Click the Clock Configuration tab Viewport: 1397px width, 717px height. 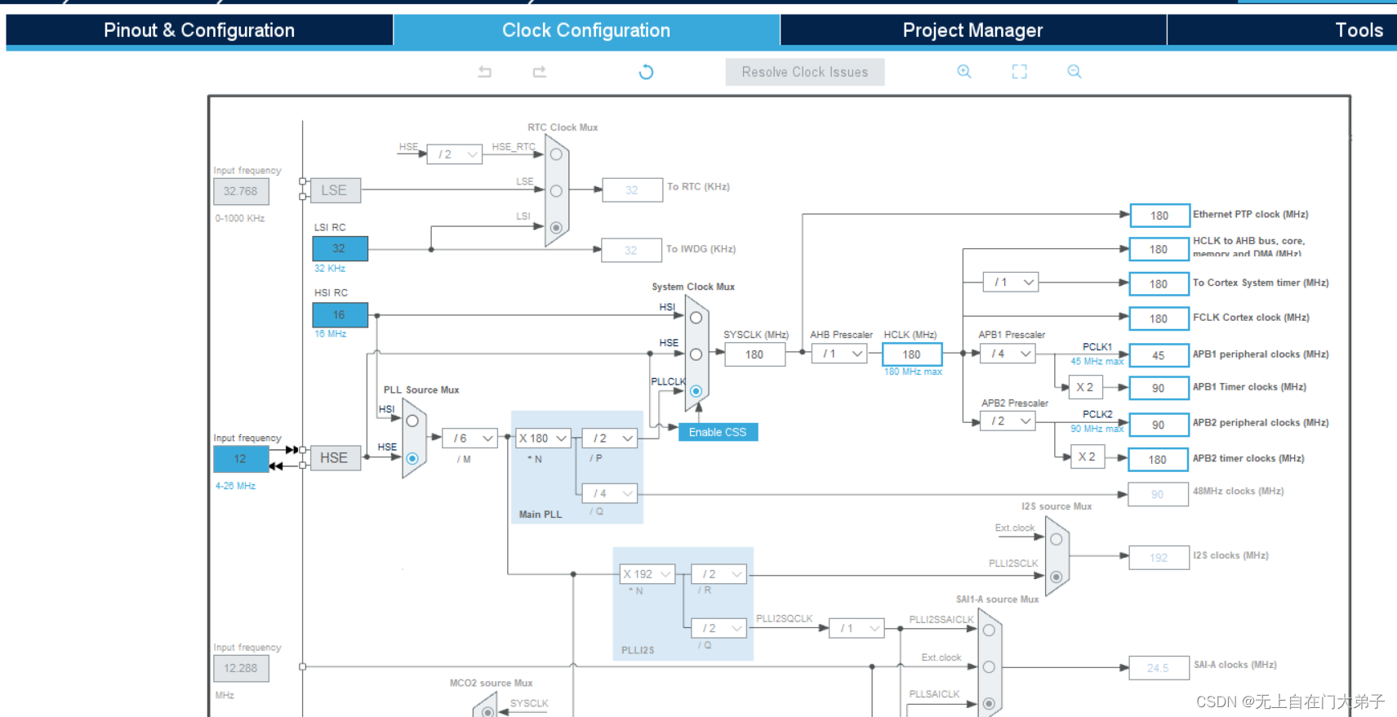585,30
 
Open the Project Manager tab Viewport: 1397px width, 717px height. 972,30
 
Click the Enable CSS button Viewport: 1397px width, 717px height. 718,432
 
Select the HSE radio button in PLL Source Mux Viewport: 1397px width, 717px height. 412,459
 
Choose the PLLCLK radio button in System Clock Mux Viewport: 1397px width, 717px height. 696,391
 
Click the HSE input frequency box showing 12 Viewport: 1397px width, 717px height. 241,459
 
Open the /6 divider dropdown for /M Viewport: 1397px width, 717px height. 469,439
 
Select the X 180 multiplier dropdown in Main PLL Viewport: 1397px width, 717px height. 542,439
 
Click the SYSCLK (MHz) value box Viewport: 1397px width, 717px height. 754,354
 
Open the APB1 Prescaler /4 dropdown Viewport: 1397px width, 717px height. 1008,354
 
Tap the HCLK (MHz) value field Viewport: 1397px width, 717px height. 911,354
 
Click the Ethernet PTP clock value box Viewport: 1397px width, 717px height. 1159,216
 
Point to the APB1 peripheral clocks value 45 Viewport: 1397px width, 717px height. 1159,355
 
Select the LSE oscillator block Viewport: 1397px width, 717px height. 335,190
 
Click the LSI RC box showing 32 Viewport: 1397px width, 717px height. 340,248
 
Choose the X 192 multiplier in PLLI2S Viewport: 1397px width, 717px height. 647,574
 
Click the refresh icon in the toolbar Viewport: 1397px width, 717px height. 646,72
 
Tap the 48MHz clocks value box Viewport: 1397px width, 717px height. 1157,494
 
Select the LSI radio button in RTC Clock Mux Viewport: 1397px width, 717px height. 556,228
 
